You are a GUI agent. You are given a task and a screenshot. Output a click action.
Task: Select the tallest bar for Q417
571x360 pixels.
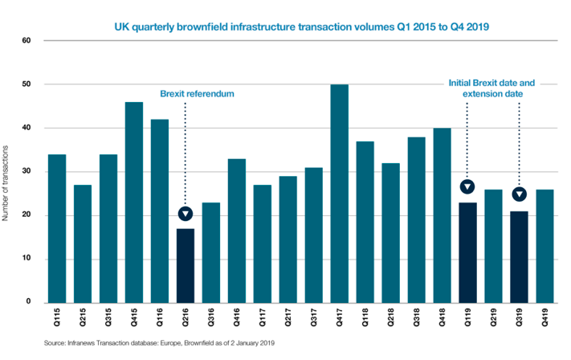341,193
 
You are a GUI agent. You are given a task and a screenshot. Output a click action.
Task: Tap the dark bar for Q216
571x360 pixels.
186,265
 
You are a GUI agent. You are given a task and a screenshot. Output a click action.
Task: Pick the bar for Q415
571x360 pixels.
135,202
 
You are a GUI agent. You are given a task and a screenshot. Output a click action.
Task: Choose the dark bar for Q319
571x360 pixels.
520,256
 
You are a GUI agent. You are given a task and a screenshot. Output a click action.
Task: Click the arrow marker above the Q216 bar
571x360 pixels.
186,213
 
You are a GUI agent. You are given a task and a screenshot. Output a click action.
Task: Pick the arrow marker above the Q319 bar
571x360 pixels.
520,194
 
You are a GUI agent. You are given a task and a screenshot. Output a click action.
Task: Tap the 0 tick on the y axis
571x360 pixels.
28,302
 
